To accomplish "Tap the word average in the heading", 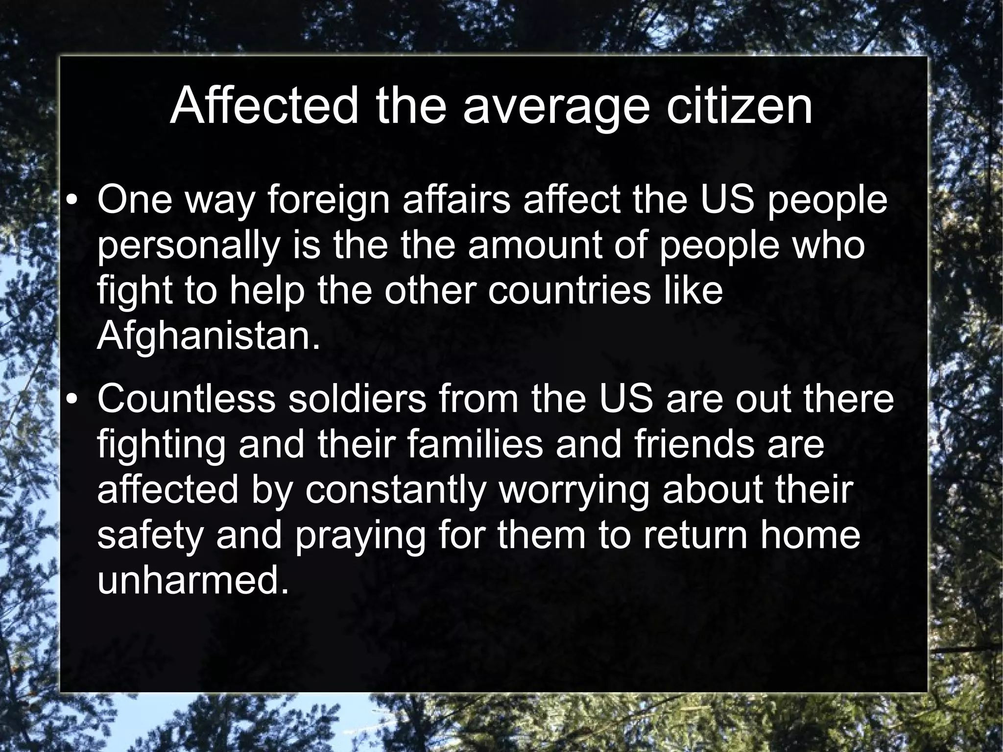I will pyautogui.click(x=556, y=108).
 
